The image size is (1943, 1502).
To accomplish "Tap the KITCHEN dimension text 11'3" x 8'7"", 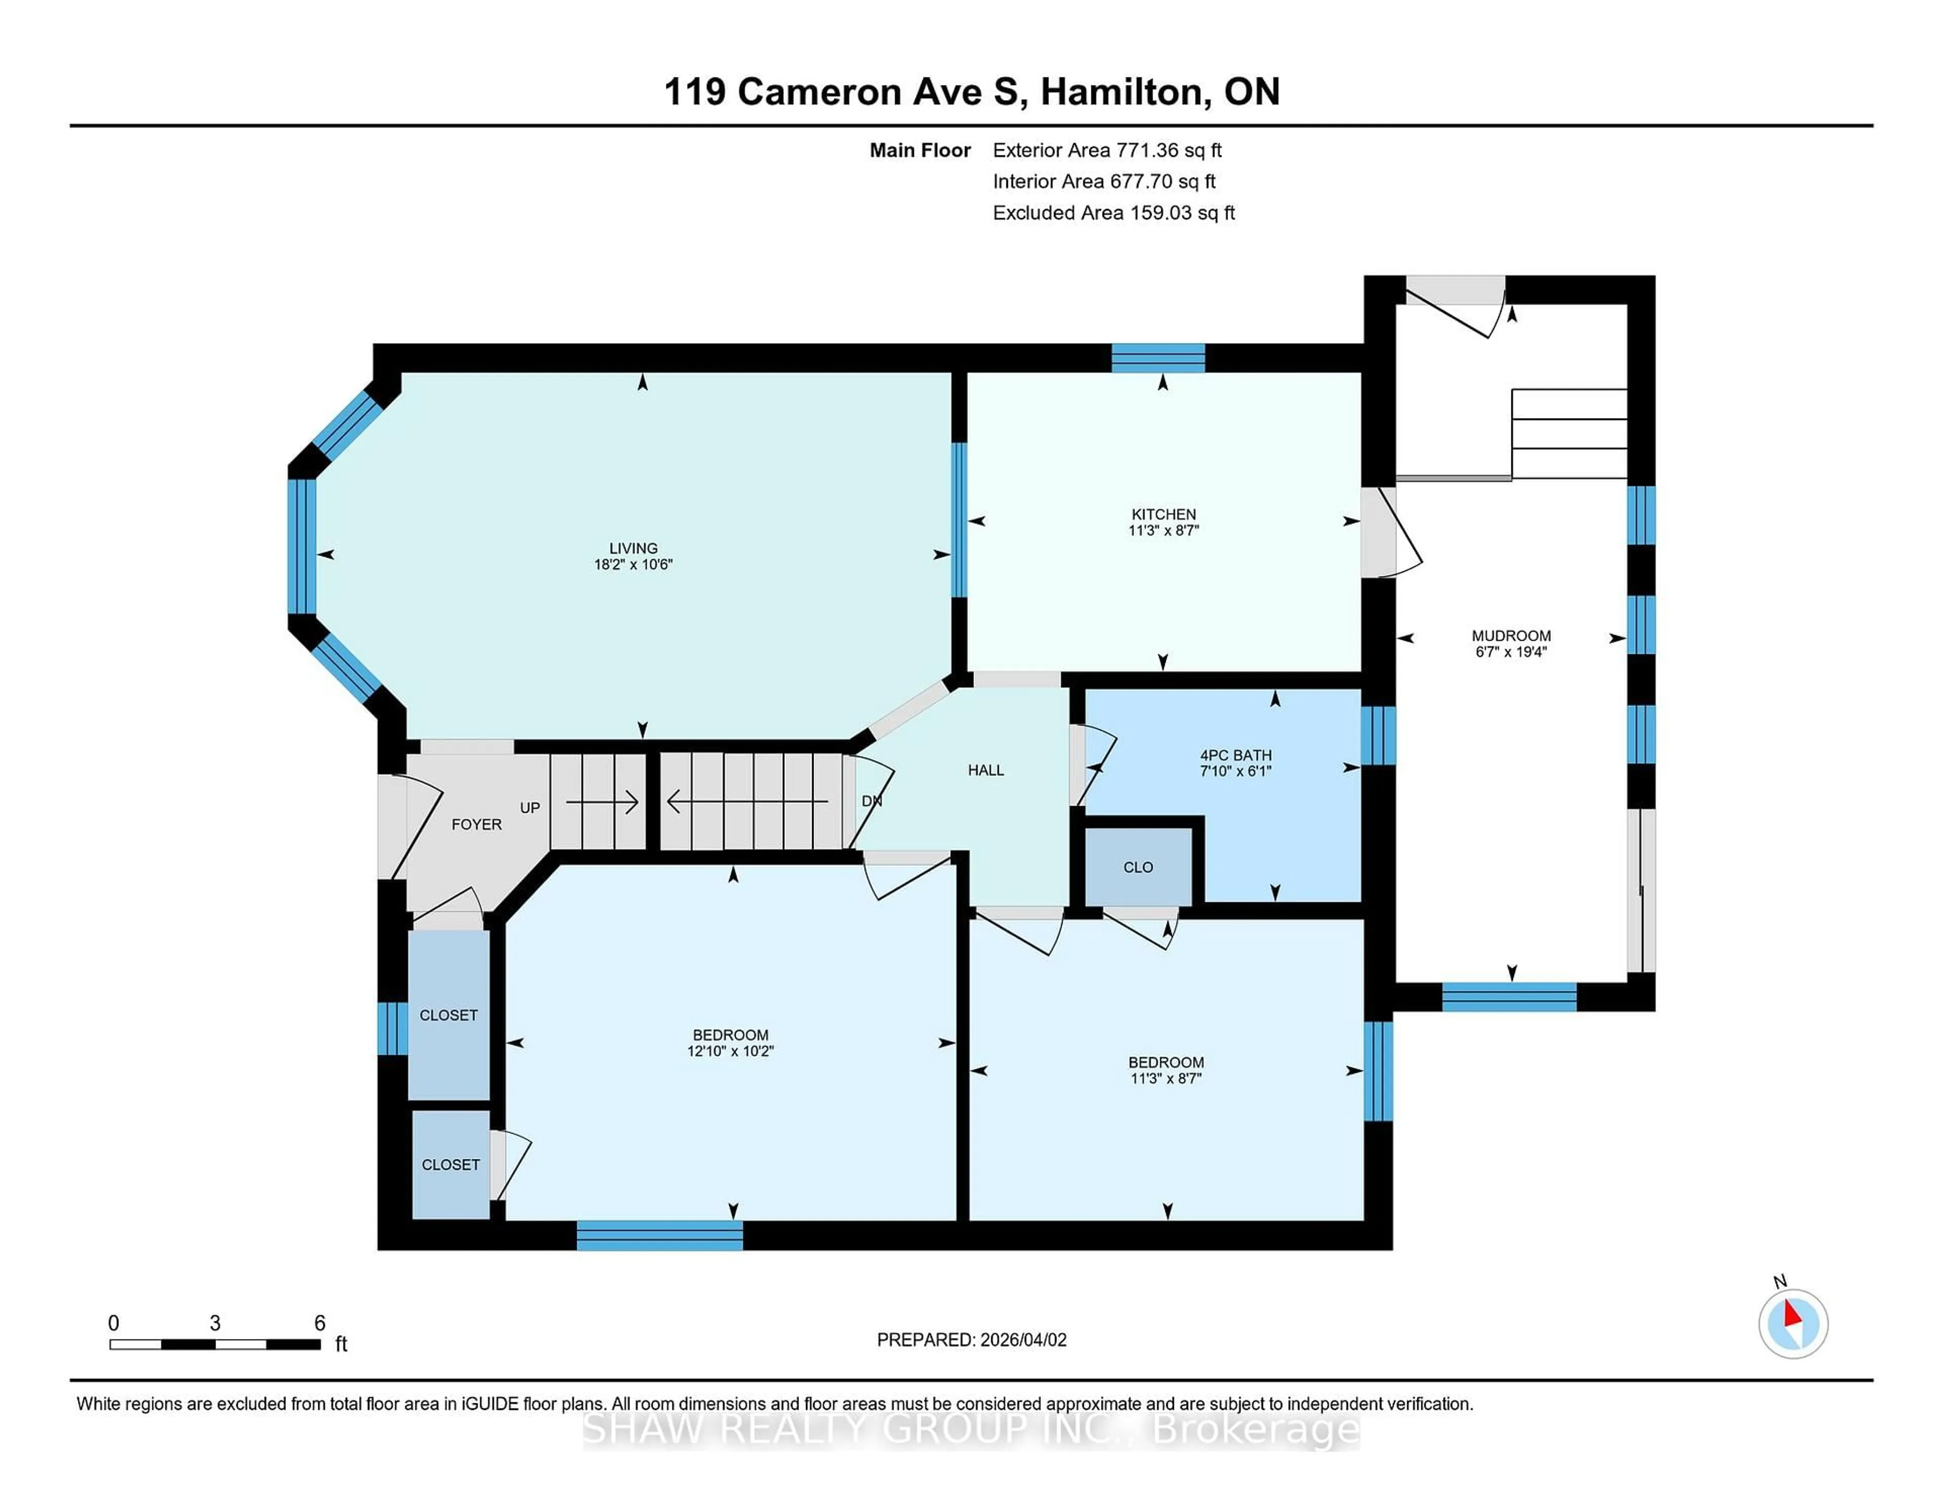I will pos(1164,530).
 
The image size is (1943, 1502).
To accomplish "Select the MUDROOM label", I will pos(1510,635).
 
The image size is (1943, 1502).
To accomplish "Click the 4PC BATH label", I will pos(1236,755).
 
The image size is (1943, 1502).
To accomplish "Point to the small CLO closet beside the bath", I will pos(1138,867).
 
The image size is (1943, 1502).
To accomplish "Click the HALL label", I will pos(986,770).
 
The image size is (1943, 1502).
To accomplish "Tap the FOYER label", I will pos(476,824).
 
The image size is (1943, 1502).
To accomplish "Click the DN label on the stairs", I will pos(871,801).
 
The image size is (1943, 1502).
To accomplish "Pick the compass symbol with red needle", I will pos(1793,1323).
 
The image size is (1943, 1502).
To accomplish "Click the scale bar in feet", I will pos(215,1344).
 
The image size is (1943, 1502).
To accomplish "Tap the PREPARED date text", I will pos(971,1339).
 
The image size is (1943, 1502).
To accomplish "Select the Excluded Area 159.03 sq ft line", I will pos(1113,213).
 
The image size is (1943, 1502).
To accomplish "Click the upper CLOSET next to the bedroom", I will pos(448,1014).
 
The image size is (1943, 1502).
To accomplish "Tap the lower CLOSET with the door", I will pos(450,1164).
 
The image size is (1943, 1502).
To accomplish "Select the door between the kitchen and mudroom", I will pos(1388,532).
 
